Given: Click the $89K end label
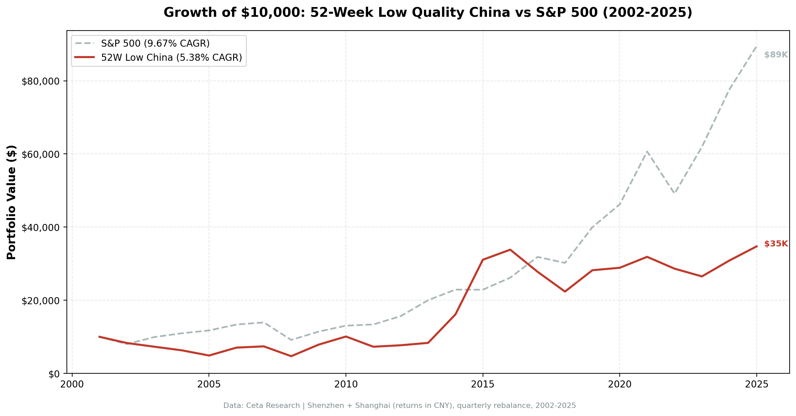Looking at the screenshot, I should [776, 55].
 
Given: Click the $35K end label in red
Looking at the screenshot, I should [776, 244].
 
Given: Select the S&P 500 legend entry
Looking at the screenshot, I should [155, 44].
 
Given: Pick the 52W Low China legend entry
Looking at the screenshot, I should [171, 58].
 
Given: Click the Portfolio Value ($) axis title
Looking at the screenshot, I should [11, 202].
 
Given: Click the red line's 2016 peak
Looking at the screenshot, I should [510, 250].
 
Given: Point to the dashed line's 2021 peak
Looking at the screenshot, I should [647, 152].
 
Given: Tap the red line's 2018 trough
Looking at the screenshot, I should [565, 291].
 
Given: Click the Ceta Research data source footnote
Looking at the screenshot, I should [399, 406].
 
